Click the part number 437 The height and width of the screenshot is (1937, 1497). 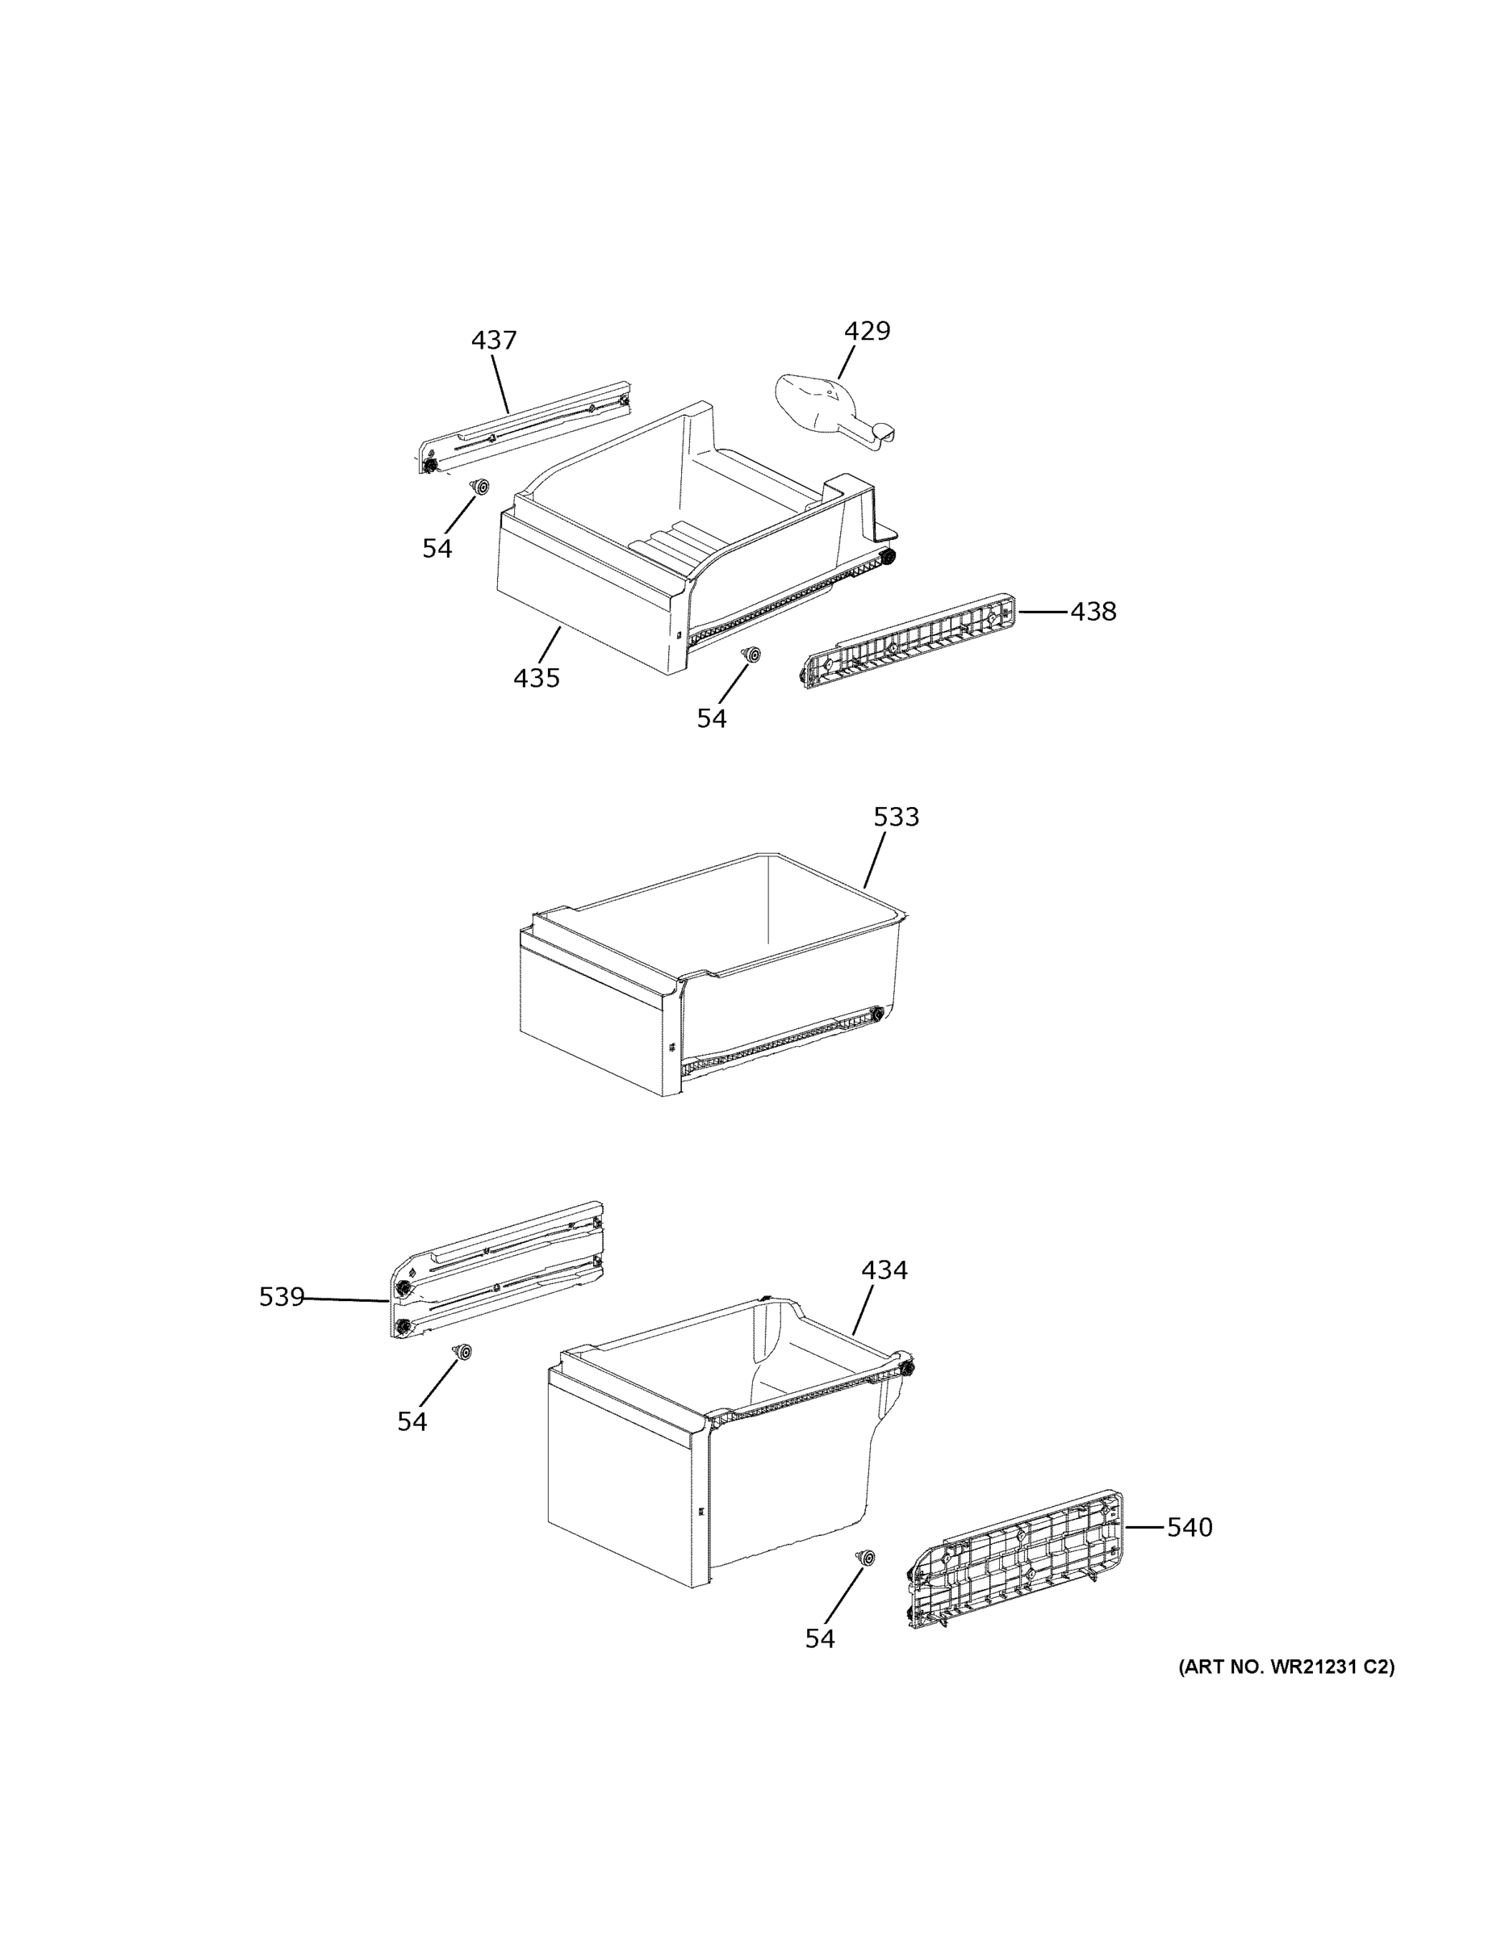coord(493,340)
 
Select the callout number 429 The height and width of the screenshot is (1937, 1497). coord(867,331)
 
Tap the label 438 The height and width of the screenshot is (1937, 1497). coord(1093,611)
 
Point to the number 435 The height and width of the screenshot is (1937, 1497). coord(537,678)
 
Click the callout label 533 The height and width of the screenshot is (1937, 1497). coord(896,817)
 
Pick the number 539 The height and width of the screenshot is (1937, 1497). coord(281,1297)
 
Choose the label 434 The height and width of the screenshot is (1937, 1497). coord(884,1270)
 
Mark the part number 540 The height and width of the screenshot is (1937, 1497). coord(1190,1527)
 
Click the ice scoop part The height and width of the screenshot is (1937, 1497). coord(830,408)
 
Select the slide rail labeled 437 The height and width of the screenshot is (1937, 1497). coord(525,427)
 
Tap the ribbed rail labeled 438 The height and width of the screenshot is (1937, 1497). coord(908,640)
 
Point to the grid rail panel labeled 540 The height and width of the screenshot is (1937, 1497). coord(1016,1559)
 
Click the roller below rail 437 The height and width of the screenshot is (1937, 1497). coord(481,487)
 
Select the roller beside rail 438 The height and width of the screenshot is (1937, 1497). coord(752,654)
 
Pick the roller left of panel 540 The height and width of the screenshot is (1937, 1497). coord(864,1558)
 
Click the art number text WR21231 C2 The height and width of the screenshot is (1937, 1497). coord(1286,1667)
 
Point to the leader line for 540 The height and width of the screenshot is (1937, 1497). coord(1144,1527)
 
